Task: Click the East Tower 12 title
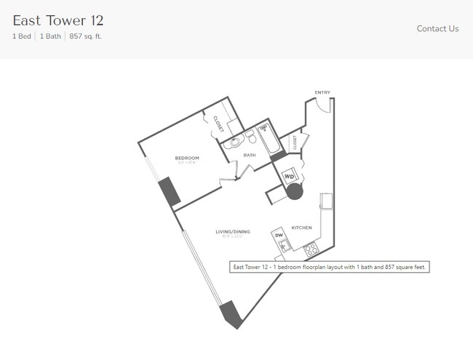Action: (57, 20)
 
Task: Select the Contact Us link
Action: (437, 28)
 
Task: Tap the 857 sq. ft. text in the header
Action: (85, 36)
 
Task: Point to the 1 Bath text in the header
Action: (49, 36)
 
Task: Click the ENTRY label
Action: (322, 92)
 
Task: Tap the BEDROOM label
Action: (187, 158)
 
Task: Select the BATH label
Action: (250, 155)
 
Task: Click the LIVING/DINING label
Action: (232, 232)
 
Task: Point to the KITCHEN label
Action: (301, 228)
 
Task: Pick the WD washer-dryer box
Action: (289, 176)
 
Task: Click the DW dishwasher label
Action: (279, 235)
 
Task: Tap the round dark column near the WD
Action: (295, 192)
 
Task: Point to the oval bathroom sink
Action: (234, 143)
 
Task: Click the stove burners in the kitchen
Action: (311, 249)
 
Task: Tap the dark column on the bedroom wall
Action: (169, 191)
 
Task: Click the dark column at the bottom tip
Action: (229, 313)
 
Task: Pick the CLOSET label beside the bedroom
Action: (218, 124)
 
